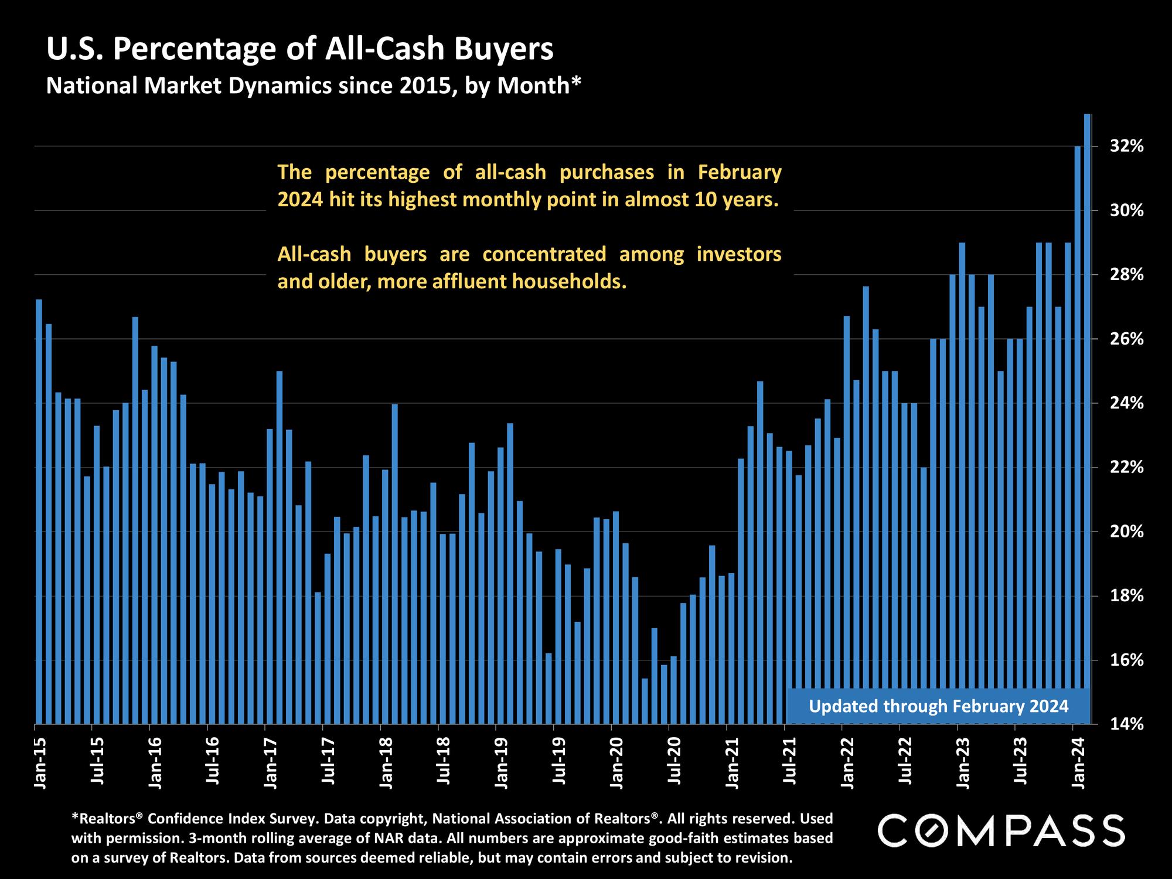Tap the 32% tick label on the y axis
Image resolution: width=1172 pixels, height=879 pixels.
pyautogui.click(x=1127, y=146)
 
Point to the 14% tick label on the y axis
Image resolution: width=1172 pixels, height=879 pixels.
pyautogui.click(x=1127, y=725)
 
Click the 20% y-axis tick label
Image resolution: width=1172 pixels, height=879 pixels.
pyautogui.click(x=1127, y=532)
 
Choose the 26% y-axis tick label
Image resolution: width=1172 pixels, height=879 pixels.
pyautogui.click(x=1127, y=339)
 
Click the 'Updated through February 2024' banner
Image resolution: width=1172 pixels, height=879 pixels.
pyautogui.click(x=938, y=706)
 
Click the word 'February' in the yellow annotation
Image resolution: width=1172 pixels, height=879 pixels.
pyautogui.click(x=740, y=172)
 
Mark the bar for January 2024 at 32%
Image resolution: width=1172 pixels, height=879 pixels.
pyautogui.click(x=1078, y=434)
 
